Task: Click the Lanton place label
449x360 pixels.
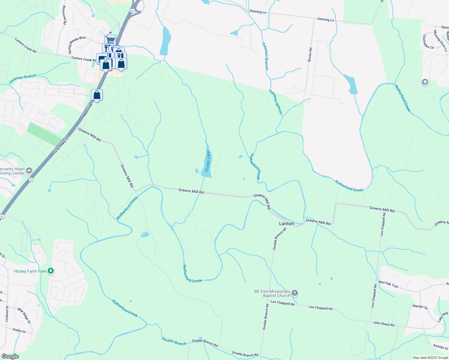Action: pyautogui.click(x=286, y=223)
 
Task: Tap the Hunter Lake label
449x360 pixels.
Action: pyautogui.click(x=208, y=161)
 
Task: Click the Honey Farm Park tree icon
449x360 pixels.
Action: pyautogui.click(x=51, y=271)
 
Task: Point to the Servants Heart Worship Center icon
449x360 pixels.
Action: pyautogui.click(x=29, y=171)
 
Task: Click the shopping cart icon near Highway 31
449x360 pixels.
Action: pyautogui.click(x=110, y=40)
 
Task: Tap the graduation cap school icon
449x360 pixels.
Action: pyautogui.click(x=425, y=82)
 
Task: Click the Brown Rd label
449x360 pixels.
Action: pyautogui.click(x=310, y=55)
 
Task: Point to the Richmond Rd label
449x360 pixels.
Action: pyautogui.click(x=64, y=15)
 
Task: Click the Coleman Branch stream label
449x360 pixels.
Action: pyautogui.click(x=23, y=79)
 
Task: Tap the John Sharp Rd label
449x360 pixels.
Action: pyautogui.click(x=383, y=324)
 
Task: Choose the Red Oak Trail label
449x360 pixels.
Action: pyautogui.click(x=388, y=284)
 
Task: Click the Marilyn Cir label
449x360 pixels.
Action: pyautogui.click(x=420, y=307)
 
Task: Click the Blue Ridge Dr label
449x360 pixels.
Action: pyautogui.click(x=24, y=316)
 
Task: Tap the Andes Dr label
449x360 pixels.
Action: pyautogui.click(x=19, y=331)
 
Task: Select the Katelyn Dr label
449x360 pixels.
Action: pyautogui.click(x=441, y=347)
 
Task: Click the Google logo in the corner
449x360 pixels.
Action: pyautogui.click(x=10, y=356)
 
